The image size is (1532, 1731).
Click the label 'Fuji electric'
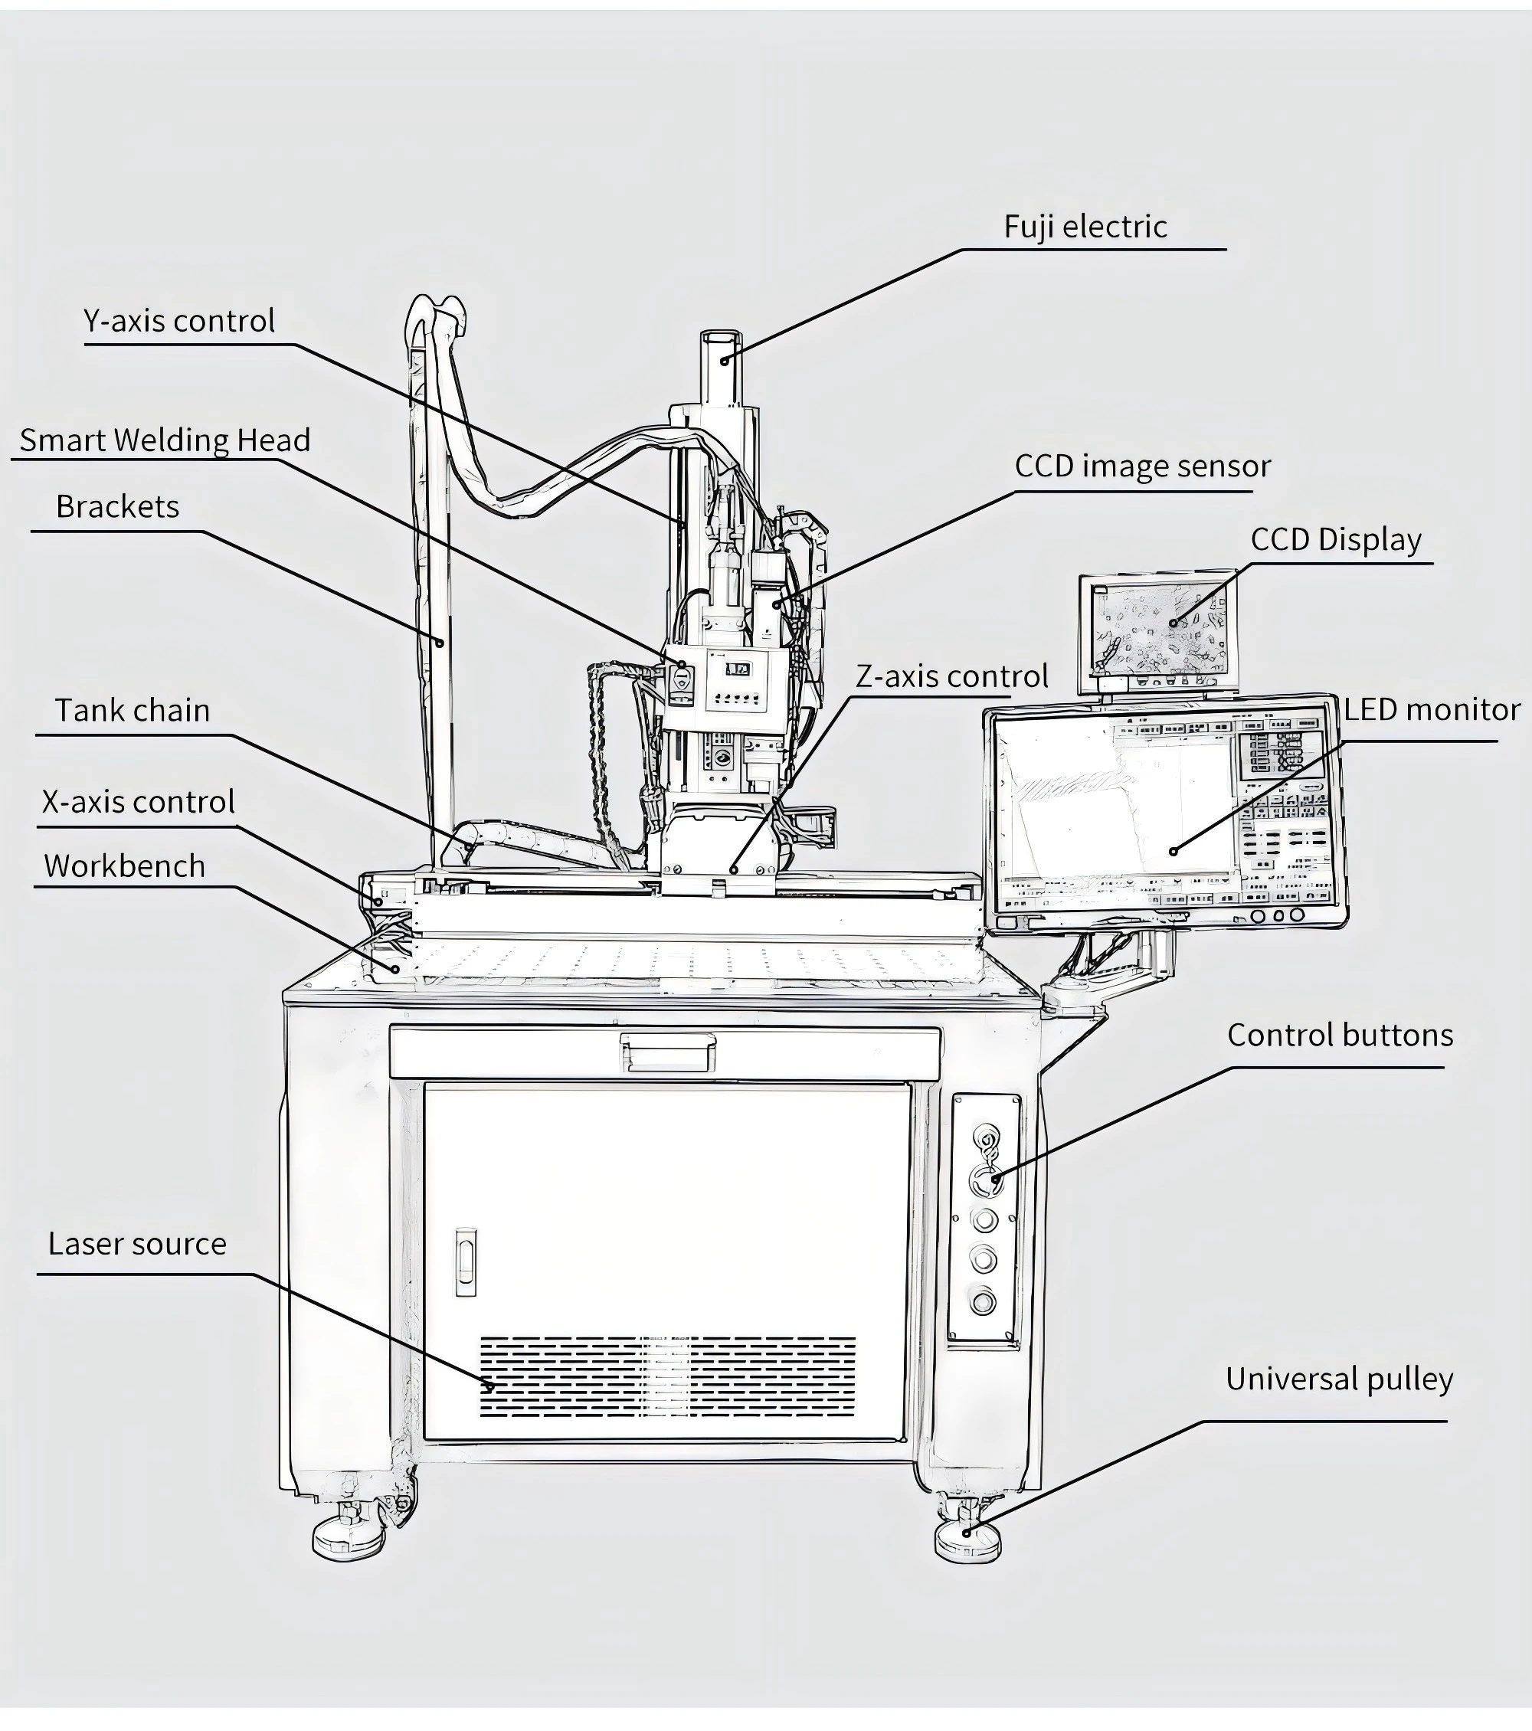[x=1085, y=227]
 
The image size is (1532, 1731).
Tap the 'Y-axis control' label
[x=178, y=321]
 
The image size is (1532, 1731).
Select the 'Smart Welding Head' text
[x=165, y=440]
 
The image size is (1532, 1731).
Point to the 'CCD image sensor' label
[x=1142, y=466]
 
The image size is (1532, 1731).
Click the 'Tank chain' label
[x=132, y=711]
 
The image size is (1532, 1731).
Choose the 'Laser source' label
[x=137, y=1244]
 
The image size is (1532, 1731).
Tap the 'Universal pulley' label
[x=1339, y=1379]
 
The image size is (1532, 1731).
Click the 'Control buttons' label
[x=1340, y=1035]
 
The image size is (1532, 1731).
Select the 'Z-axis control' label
[x=952, y=676]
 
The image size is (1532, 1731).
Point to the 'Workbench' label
[x=125, y=866]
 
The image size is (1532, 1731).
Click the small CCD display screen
[x=1157, y=631]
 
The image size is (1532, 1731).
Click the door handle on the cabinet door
[x=465, y=1261]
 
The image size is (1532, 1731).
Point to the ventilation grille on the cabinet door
[x=667, y=1377]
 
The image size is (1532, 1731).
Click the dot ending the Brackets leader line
[x=440, y=643]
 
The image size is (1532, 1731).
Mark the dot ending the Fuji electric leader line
[x=724, y=361]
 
